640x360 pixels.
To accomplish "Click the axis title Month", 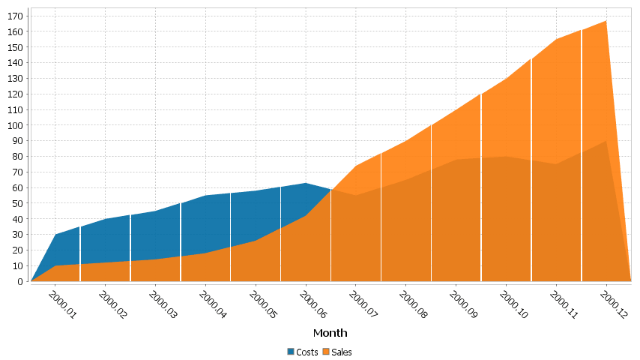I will click(330, 333).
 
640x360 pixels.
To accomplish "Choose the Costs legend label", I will click(307, 352).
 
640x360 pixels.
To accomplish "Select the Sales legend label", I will click(342, 352).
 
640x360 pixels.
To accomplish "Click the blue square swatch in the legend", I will click(291, 352).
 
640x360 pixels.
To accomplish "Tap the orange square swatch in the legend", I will click(327, 352).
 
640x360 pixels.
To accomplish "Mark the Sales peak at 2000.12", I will click(606, 21).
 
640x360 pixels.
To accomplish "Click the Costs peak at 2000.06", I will click(305, 183).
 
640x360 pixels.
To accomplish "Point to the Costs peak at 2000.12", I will click(606, 141).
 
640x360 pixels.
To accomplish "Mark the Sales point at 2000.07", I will click(355, 166).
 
